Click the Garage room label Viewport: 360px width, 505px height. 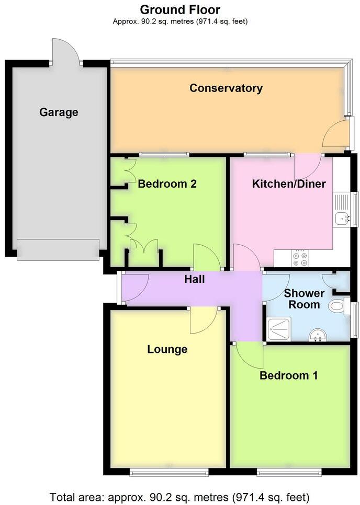(59, 112)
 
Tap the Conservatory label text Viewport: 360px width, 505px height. (226, 88)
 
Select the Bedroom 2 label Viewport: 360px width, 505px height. (167, 184)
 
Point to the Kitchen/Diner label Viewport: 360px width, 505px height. (289, 184)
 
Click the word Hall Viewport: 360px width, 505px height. (194, 280)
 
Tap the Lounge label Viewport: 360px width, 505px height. (167, 349)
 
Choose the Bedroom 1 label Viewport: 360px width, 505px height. (289, 375)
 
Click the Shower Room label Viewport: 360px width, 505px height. (304, 299)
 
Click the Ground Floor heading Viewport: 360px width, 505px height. (180, 9)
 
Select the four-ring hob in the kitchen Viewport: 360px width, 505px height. (300, 257)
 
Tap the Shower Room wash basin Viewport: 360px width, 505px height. (317, 335)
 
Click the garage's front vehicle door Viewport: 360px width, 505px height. (58, 249)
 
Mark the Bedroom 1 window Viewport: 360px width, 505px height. (289, 473)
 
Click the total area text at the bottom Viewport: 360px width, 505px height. (180, 496)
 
